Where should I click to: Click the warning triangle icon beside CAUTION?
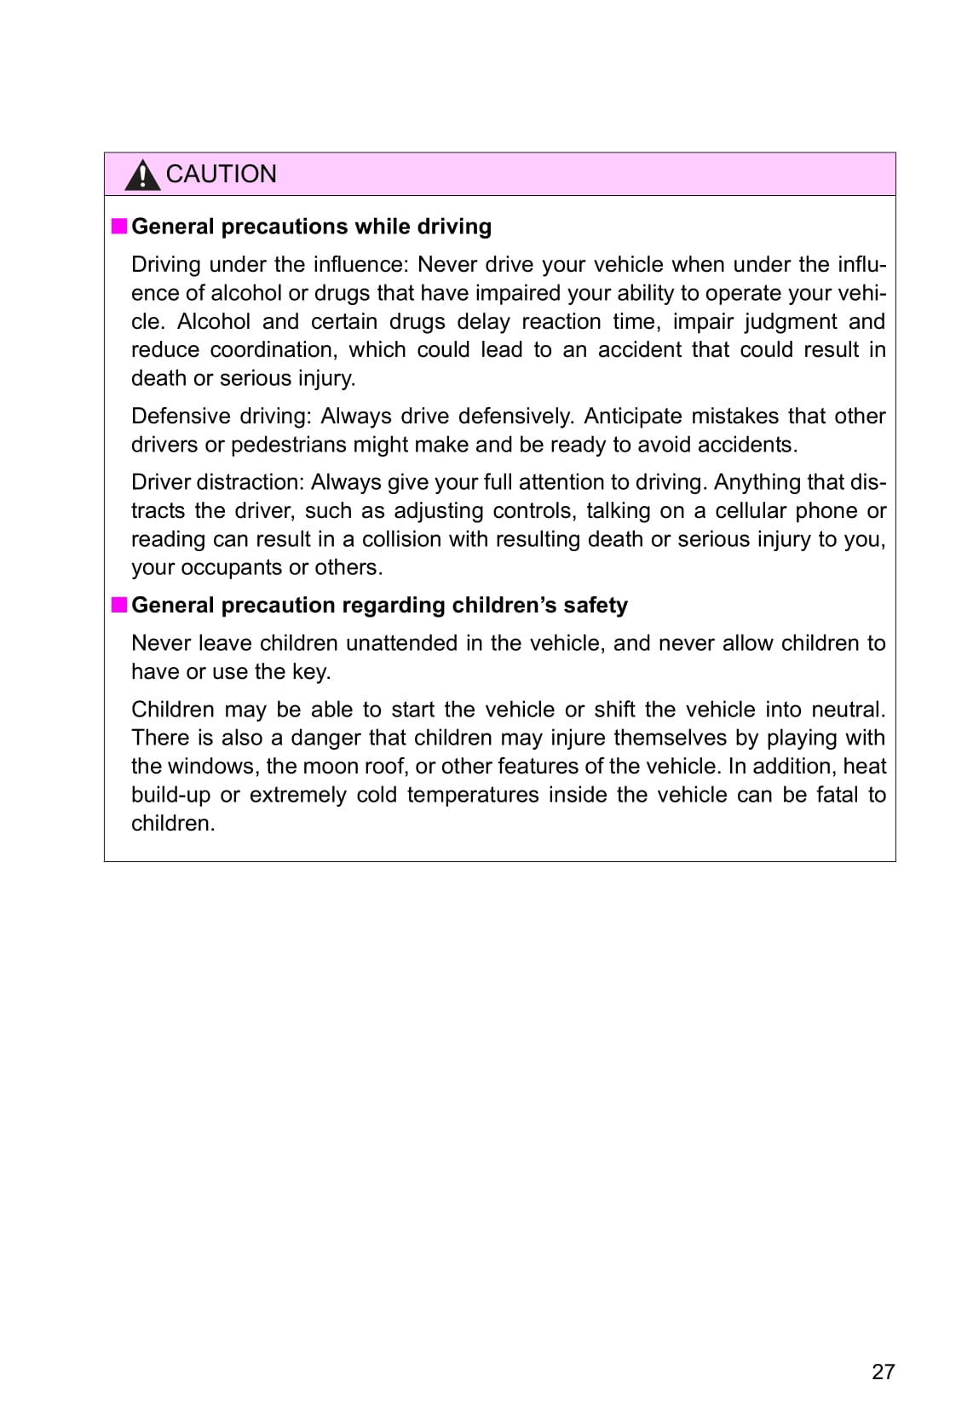pyautogui.click(x=142, y=175)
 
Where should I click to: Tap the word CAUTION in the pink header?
pyautogui.click(x=221, y=174)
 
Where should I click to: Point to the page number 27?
pyautogui.click(x=883, y=1371)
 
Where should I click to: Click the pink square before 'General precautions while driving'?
pyautogui.click(x=119, y=226)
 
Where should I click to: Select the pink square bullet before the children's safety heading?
pyautogui.click(x=119, y=605)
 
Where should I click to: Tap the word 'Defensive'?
pyautogui.click(x=179, y=416)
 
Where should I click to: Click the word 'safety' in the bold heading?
pyautogui.click(x=595, y=605)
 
